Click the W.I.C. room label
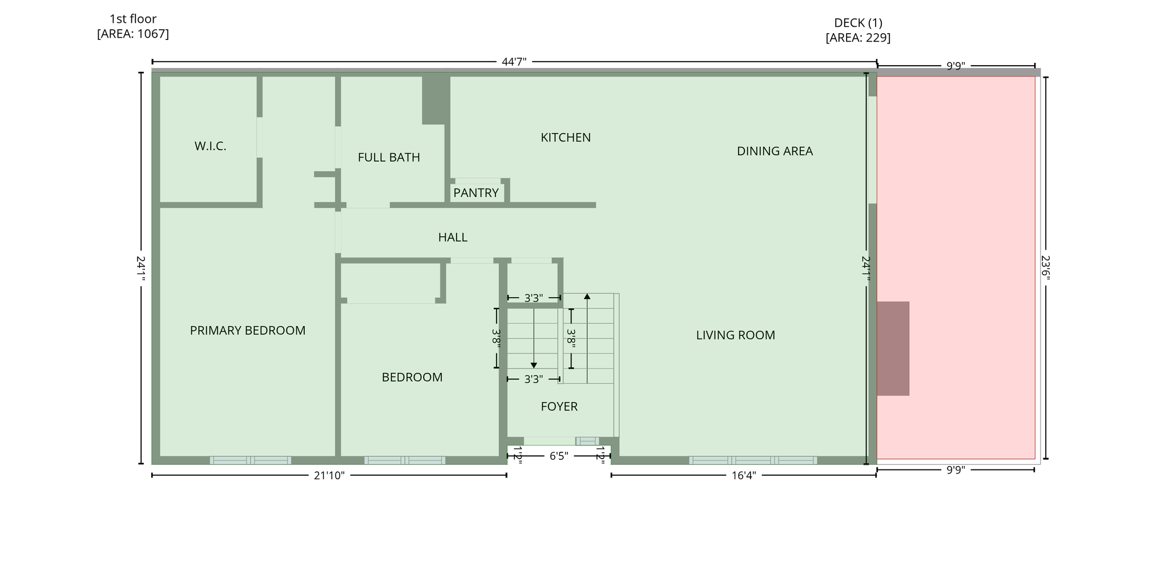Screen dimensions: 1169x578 (x=210, y=146)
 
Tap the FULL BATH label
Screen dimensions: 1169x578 (x=389, y=158)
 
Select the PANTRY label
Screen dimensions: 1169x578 (x=476, y=193)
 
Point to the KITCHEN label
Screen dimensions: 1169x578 (x=566, y=138)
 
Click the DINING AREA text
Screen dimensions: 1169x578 (x=775, y=151)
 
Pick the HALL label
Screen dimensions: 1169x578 (x=453, y=238)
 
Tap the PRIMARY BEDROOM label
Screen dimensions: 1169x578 (x=248, y=331)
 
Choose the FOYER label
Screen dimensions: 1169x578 (x=559, y=407)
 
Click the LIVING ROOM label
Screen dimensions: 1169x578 (x=735, y=335)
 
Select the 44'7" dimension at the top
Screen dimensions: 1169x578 (x=514, y=62)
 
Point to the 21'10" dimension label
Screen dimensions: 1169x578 (x=329, y=476)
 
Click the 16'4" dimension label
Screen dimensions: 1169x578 (x=743, y=476)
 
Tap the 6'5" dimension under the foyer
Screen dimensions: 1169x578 (x=559, y=456)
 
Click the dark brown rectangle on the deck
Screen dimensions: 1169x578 (x=893, y=348)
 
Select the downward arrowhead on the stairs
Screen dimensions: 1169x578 (x=534, y=365)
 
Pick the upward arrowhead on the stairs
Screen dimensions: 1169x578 (x=587, y=296)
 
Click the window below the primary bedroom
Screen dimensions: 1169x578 (x=251, y=460)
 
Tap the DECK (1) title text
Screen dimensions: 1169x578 (x=858, y=23)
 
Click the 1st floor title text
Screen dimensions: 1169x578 (x=133, y=19)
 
